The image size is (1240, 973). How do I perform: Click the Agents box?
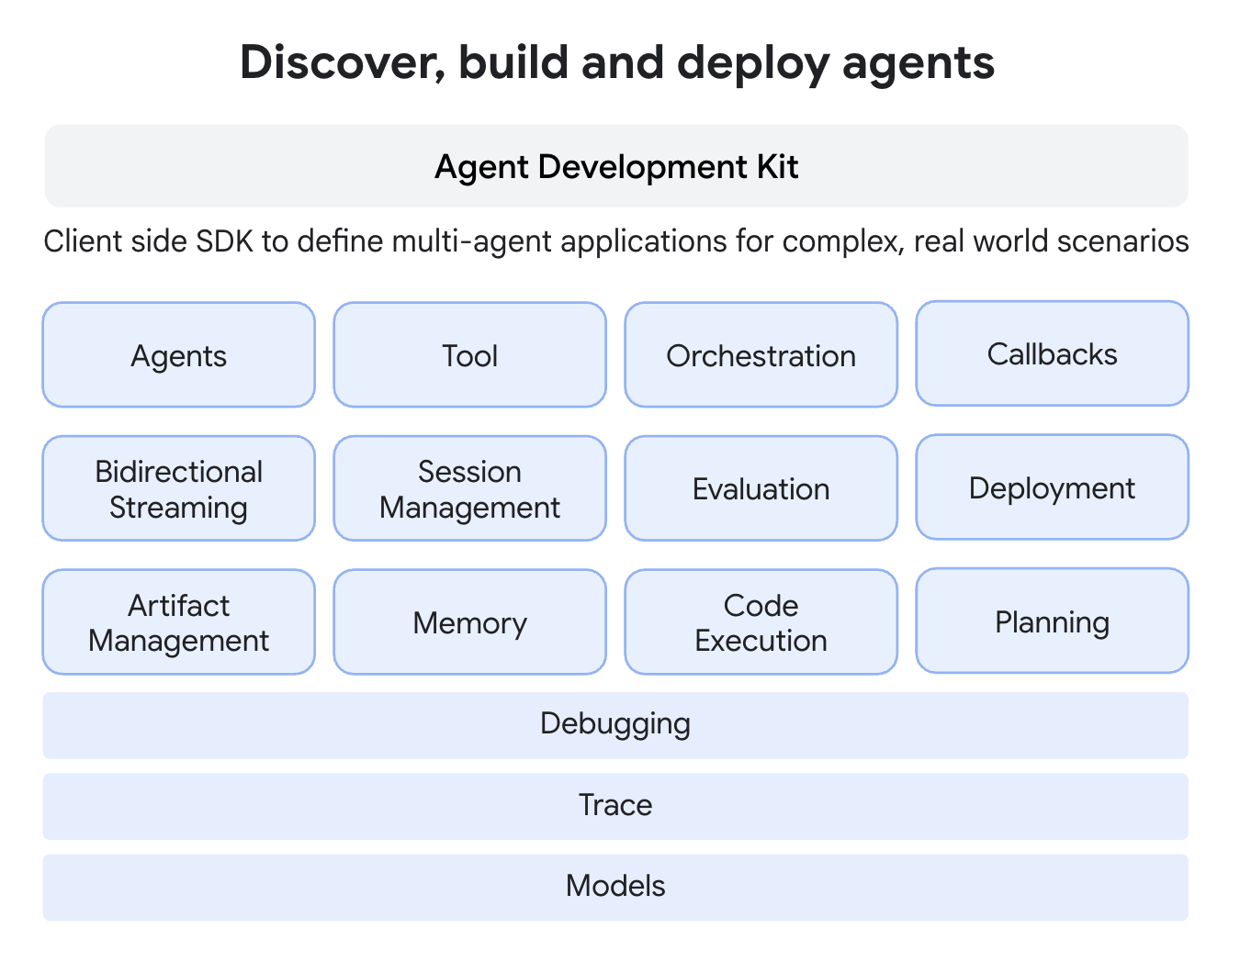click(179, 355)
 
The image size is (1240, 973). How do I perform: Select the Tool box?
click(469, 355)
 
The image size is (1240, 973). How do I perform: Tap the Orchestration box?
click(761, 355)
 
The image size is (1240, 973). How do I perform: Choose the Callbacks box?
click(1052, 353)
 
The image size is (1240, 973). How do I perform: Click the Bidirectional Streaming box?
click(179, 488)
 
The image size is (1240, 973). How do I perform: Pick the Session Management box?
click(469, 488)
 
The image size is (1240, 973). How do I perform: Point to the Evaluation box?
click(761, 488)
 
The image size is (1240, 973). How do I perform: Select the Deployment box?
click(1052, 487)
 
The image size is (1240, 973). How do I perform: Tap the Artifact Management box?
click(179, 622)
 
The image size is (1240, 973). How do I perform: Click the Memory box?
click(469, 622)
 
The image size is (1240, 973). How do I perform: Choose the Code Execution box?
click(761, 622)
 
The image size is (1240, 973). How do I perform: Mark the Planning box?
click(1052, 621)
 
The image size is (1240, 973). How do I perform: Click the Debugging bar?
click(615, 724)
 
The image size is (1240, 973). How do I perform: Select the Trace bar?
click(615, 806)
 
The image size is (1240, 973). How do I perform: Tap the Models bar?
click(615, 887)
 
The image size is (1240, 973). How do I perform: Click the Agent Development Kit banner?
click(615, 166)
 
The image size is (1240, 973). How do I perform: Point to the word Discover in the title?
click(336, 63)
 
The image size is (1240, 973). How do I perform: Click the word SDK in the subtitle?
click(225, 241)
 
